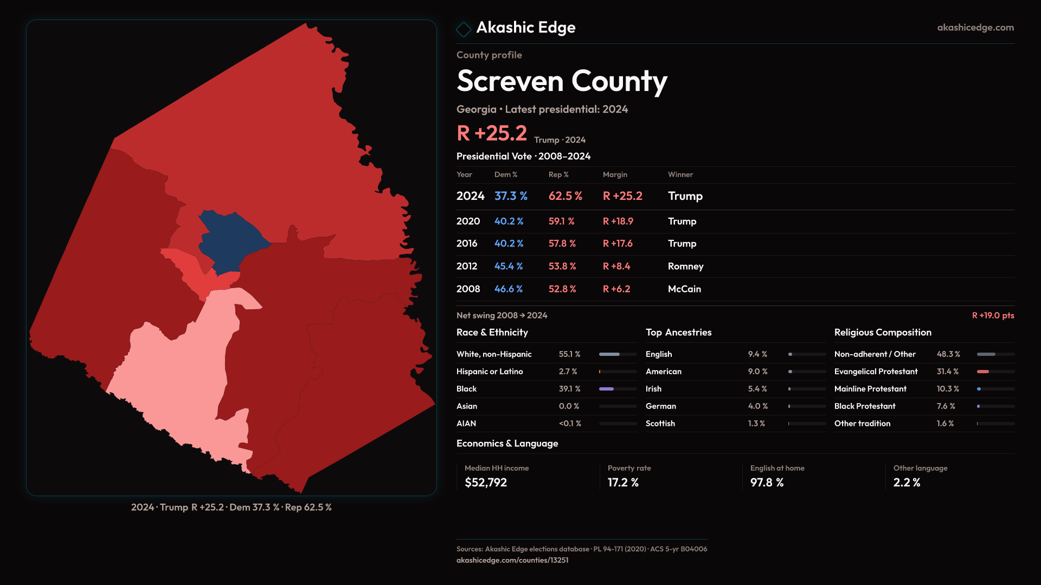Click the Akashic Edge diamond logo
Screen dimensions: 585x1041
point(464,29)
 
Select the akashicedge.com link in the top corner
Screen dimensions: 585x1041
point(975,28)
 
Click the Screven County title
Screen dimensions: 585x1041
point(562,81)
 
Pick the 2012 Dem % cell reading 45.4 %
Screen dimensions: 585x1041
point(509,266)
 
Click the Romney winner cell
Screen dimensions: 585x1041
point(685,266)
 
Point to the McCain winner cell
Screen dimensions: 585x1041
point(684,289)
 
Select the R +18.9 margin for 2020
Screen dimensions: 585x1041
point(618,222)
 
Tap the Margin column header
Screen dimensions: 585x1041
point(615,174)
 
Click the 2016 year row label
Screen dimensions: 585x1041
point(467,244)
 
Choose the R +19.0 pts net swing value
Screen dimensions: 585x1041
point(993,315)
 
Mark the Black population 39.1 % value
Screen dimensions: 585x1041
point(569,389)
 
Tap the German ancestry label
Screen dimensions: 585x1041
point(660,406)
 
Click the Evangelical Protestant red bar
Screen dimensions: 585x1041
point(984,372)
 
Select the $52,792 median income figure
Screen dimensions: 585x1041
point(486,483)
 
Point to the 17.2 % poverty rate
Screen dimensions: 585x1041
point(623,483)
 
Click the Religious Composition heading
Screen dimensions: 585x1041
point(883,333)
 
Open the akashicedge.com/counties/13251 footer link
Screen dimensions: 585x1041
point(512,560)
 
